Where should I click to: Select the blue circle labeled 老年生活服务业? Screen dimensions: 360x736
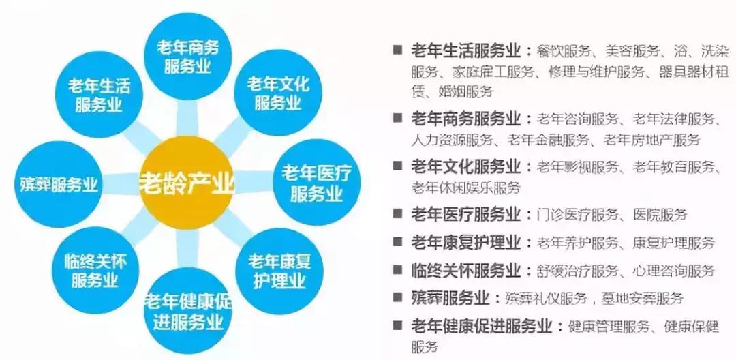95,94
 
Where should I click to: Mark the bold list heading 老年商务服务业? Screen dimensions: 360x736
465,119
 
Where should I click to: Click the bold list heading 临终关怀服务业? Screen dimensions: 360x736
465,270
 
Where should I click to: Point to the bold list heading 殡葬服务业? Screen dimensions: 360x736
450,298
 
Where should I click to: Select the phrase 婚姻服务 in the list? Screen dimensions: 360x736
463,91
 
